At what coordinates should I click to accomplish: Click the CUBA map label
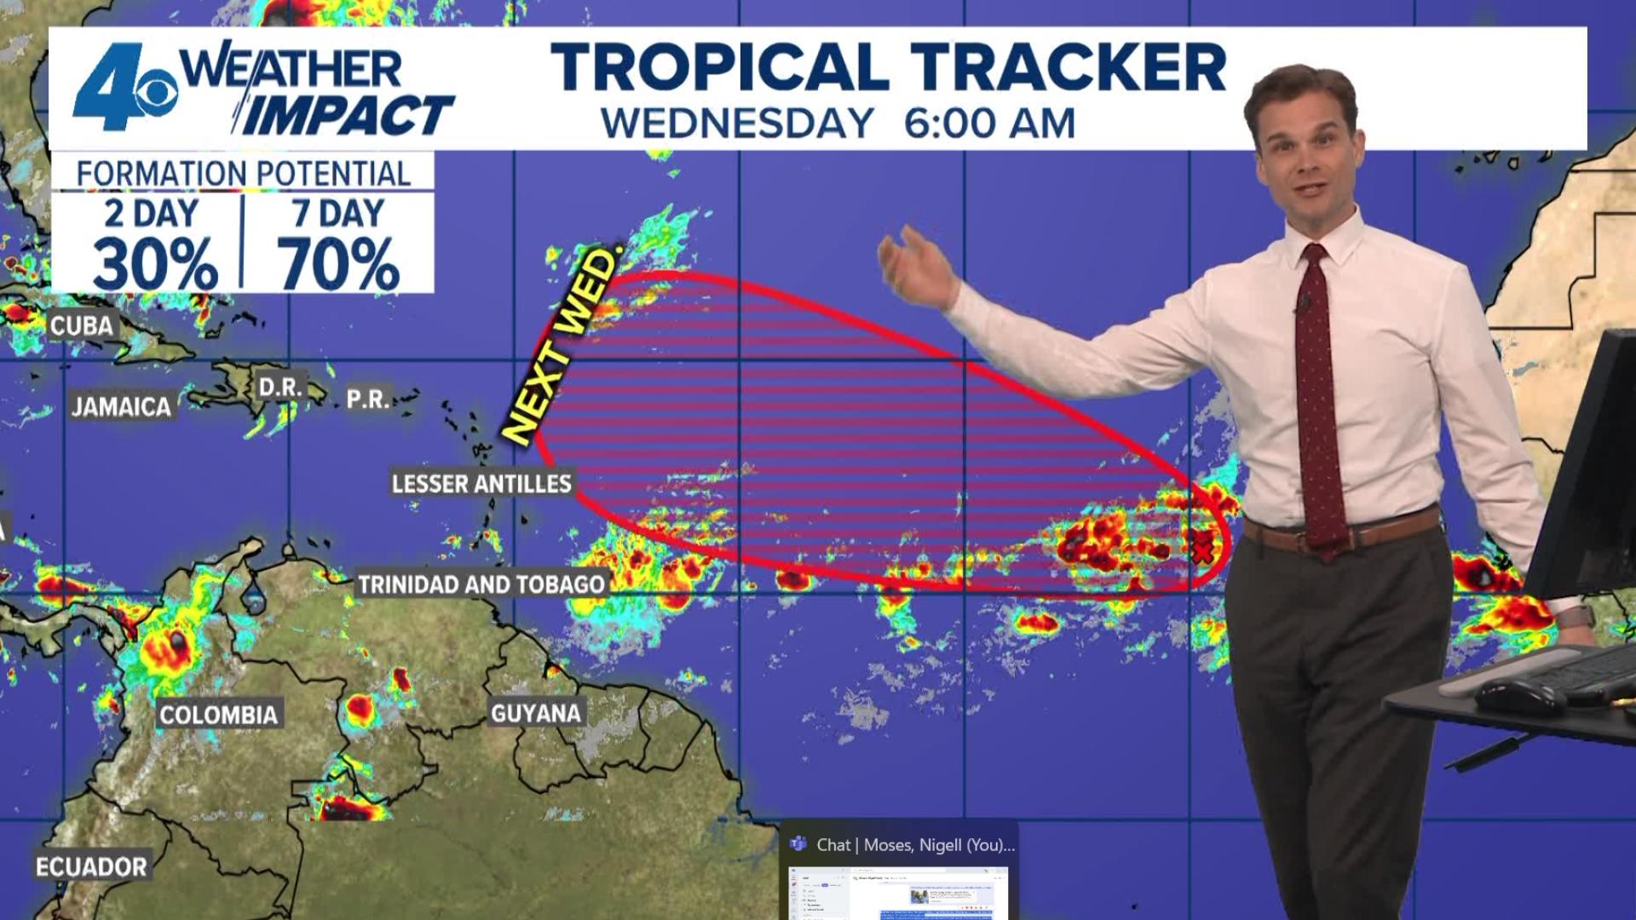click(x=81, y=325)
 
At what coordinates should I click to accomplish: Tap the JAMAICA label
click(x=121, y=407)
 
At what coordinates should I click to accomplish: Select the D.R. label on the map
click(x=279, y=388)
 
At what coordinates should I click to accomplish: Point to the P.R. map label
click(x=368, y=399)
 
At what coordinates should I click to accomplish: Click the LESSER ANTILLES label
click(x=481, y=484)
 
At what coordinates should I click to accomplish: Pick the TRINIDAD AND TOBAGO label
click(x=481, y=584)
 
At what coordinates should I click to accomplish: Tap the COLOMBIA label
click(x=219, y=715)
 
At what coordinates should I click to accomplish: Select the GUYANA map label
click(x=536, y=713)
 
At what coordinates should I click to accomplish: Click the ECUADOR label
click(x=91, y=867)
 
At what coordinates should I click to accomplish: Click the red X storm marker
click(x=1202, y=550)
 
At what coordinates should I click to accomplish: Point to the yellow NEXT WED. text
click(x=562, y=345)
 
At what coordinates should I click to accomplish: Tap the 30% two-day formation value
click(x=155, y=264)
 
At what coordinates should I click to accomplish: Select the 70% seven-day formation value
click(x=338, y=264)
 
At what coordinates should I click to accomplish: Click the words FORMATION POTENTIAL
click(x=244, y=174)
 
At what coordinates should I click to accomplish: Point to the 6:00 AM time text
click(x=989, y=124)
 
